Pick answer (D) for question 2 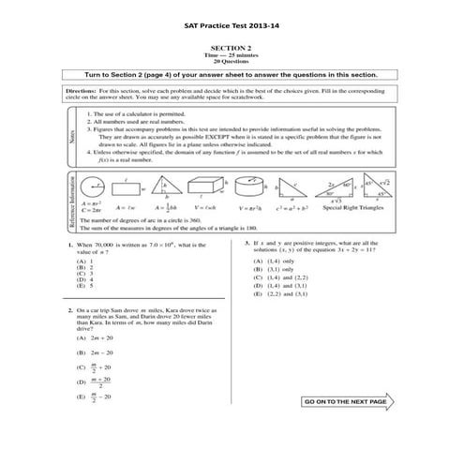(x=94, y=381)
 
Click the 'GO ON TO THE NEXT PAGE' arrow (x=349, y=401)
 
